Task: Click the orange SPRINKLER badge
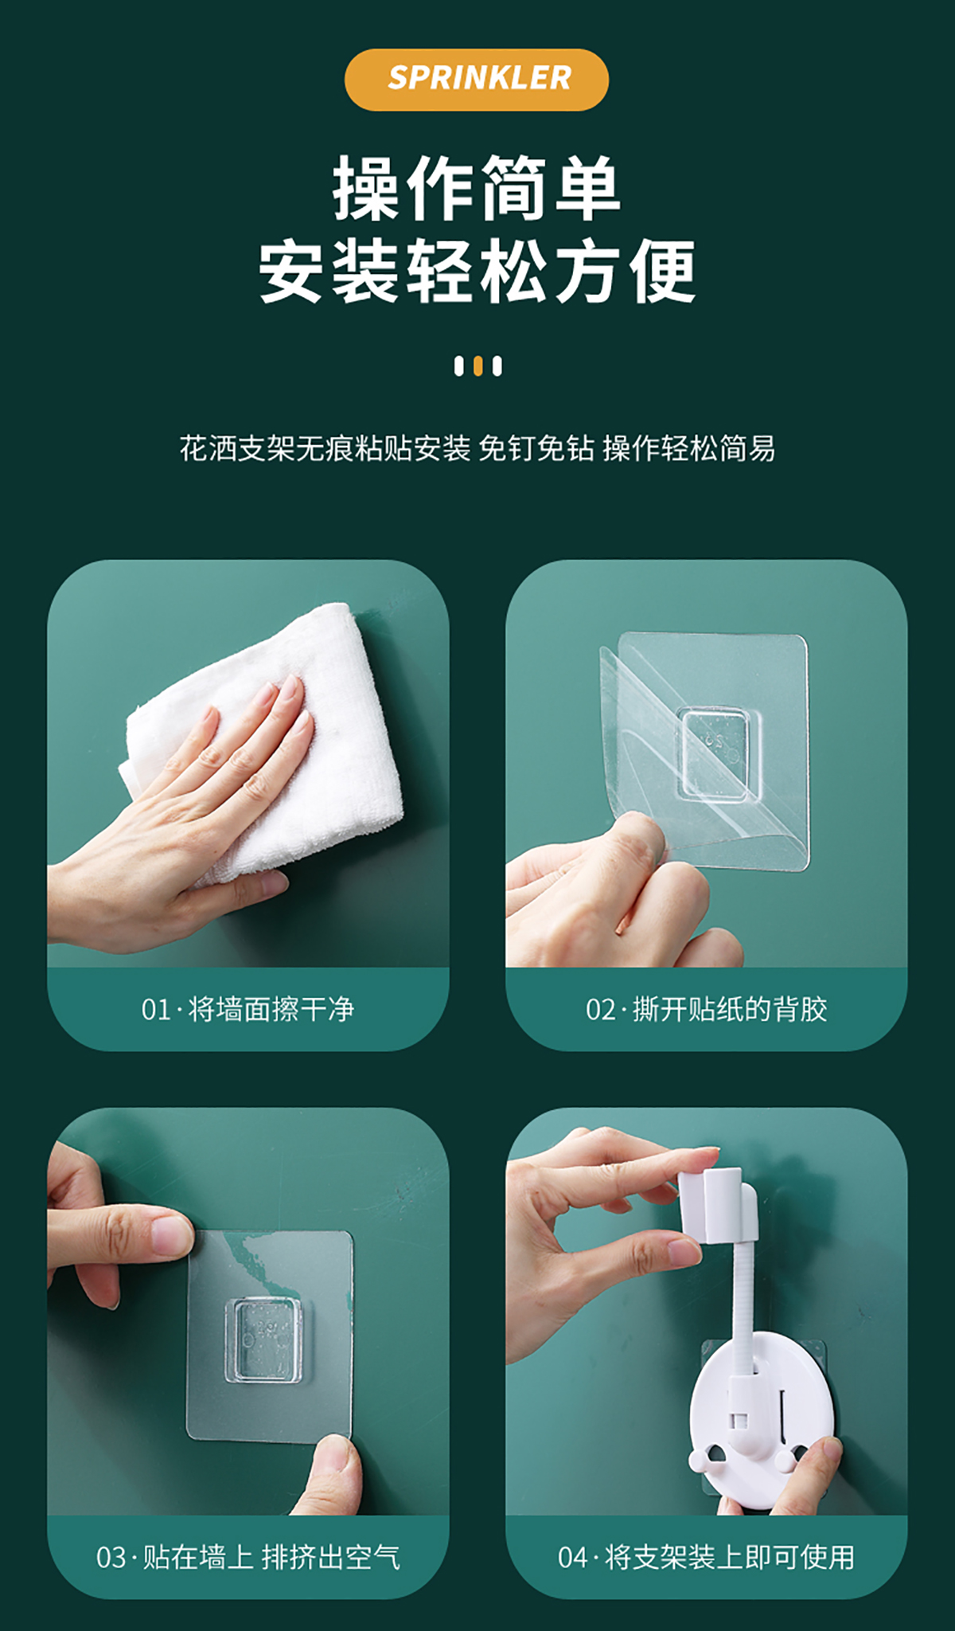(x=477, y=80)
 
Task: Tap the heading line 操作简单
(x=477, y=189)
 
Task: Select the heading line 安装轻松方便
(x=477, y=272)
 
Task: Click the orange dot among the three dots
(x=477, y=366)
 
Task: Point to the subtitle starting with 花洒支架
(x=477, y=448)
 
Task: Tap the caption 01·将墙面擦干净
(x=248, y=1010)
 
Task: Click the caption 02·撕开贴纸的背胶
(x=707, y=1010)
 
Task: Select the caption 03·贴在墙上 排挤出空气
(x=248, y=1557)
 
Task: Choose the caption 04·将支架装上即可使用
(x=707, y=1557)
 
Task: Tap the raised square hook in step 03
(x=267, y=1340)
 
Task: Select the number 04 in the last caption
(x=573, y=1558)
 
